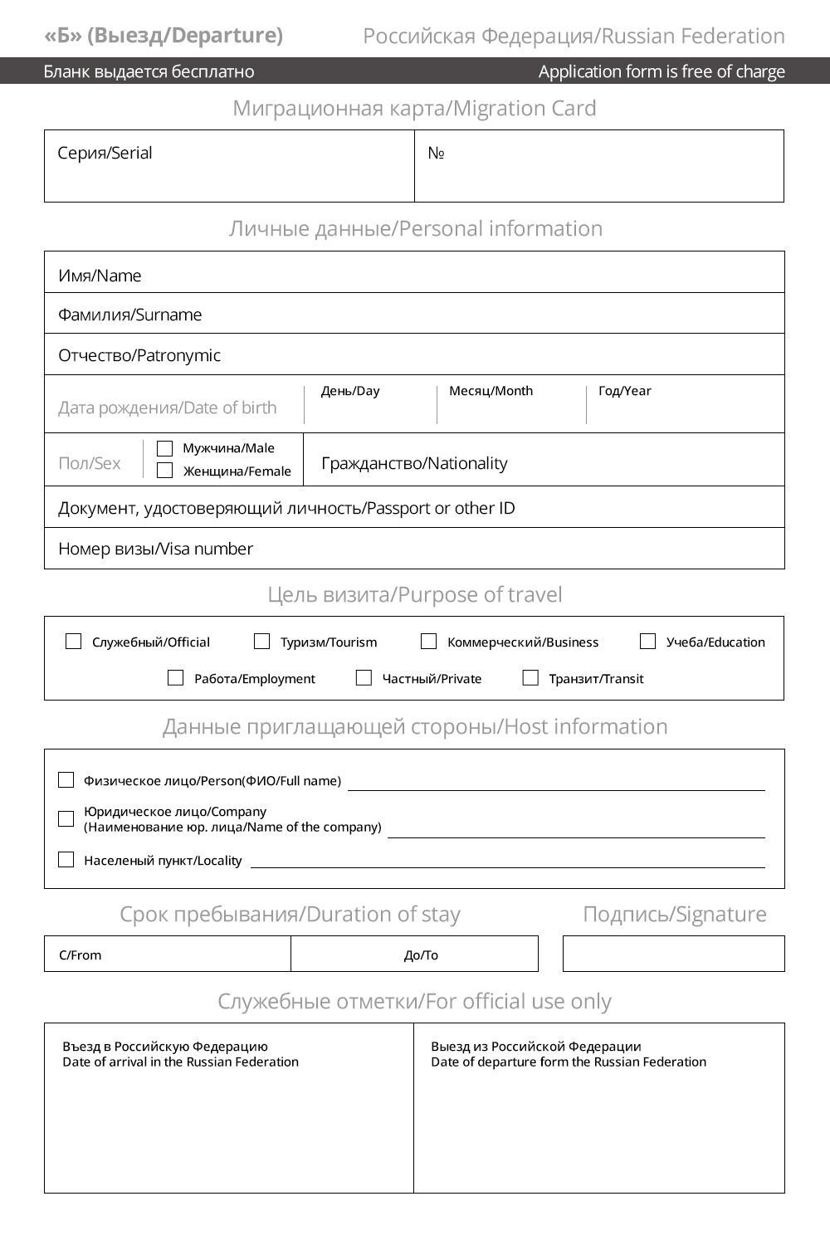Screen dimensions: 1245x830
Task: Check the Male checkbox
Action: pos(164,448)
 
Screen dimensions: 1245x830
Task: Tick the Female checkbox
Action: pos(164,471)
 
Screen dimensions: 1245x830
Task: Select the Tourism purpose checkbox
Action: pos(261,642)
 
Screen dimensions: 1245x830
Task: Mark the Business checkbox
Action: pos(428,642)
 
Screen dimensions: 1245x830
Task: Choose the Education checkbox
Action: pos(647,642)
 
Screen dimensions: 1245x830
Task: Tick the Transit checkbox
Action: pos(530,678)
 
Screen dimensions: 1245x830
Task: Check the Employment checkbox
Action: pos(175,678)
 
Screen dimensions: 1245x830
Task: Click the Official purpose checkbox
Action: pos(73,642)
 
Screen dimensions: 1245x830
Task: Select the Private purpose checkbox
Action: pos(364,678)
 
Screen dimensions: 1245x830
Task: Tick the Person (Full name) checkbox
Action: pos(66,780)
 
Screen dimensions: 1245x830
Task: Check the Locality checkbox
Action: pos(66,860)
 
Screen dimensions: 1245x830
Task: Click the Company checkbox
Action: pos(66,819)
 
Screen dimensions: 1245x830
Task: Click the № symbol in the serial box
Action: pos(436,154)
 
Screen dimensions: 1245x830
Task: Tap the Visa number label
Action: pos(155,549)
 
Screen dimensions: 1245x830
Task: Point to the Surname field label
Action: pos(129,315)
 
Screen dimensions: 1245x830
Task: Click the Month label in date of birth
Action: pos(491,391)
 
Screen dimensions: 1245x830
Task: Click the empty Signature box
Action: pos(673,954)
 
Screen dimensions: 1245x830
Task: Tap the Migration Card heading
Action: pos(414,109)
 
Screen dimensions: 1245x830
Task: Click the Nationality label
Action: pos(414,463)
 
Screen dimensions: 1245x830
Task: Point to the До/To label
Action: pos(421,955)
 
